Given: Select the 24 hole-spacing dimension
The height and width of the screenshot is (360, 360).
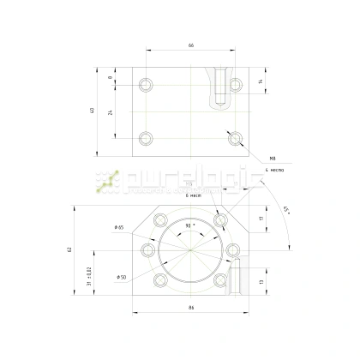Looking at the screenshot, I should pos(111,111).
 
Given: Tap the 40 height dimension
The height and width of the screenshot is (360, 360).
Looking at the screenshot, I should pos(93,111).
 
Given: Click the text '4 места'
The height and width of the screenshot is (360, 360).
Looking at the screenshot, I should pos(274,171).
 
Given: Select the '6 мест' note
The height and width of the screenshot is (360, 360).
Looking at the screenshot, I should pos(192,195).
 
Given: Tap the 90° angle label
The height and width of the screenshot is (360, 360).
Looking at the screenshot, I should pos(190,225).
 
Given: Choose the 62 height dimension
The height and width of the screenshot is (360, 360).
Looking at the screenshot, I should pos(69,249).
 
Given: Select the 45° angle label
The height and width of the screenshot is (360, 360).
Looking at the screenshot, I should pos(285,208).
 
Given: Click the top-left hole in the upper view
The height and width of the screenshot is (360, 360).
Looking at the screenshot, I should pos(147,85).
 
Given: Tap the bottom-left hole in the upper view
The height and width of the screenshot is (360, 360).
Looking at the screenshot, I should pos(147,138).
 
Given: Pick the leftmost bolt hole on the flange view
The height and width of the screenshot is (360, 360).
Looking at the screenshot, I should pos(148,249).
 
